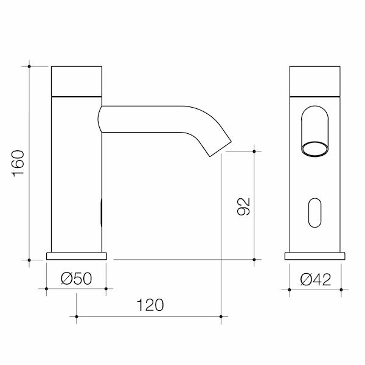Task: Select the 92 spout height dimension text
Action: pyautogui.click(x=244, y=206)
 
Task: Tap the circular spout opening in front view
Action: pyautogui.click(x=315, y=148)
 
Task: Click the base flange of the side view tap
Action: pyautogui.click(x=77, y=255)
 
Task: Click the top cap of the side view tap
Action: pyautogui.click(x=77, y=80)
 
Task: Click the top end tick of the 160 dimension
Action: pyautogui.click(x=29, y=65)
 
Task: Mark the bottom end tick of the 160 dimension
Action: pyautogui.click(x=29, y=260)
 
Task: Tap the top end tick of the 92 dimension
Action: pyautogui.click(x=254, y=150)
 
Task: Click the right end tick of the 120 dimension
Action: pyautogui.click(x=221, y=316)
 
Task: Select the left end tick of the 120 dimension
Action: pyautogui.click(x=77, y=316)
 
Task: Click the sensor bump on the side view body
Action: pyautogui.click(x=101, y=214)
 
